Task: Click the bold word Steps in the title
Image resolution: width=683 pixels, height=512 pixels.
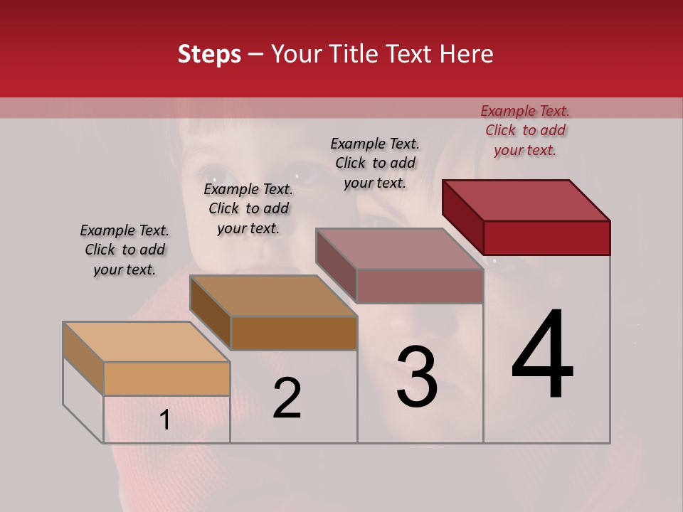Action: click(209, 54)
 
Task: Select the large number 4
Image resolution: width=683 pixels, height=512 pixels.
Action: click(543, 356)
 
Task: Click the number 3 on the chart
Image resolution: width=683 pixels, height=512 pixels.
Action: click(417, 377)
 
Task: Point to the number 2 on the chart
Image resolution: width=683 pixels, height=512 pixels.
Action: click(287, 398)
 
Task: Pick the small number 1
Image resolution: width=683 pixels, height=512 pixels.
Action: click(165, 420)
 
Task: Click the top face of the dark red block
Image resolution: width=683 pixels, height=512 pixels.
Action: click(526, 200)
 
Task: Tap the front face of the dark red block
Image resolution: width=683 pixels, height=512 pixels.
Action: click(546, 238)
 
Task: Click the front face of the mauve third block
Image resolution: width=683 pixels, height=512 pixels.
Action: click(420, 286)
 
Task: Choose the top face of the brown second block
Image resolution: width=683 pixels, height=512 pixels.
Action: click(273, 295)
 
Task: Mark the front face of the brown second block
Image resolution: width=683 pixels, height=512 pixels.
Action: click(294, 333)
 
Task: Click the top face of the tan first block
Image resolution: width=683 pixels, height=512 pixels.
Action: click(147, 341)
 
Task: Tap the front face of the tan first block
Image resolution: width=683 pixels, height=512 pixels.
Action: click(166, 378)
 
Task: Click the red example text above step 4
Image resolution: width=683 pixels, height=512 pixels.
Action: click(525, 130)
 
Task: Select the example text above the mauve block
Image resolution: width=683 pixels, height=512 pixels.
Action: click(375, 163)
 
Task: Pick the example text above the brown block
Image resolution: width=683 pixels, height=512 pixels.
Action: click(248, 208)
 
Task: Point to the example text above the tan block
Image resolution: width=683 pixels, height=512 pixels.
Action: click(125, 250)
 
